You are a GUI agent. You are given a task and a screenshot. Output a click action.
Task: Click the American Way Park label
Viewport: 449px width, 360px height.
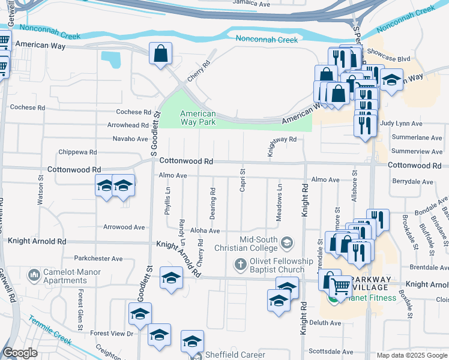(198, 118)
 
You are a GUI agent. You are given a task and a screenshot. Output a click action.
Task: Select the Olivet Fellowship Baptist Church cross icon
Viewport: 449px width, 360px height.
(240, 264)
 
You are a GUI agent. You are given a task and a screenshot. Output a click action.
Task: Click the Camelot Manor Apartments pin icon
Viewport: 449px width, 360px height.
(34, 276)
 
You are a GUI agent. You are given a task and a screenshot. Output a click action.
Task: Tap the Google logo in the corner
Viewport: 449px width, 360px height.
(20, 353)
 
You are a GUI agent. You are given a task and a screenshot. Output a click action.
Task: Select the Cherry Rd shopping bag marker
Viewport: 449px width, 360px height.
(161, 54)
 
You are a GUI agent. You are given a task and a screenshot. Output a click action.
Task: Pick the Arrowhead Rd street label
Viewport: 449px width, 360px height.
(128, 125)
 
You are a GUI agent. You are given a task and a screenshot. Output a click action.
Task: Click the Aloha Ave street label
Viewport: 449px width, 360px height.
(205, 230)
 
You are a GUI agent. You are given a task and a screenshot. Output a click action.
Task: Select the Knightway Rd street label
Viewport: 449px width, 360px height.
(282, 139)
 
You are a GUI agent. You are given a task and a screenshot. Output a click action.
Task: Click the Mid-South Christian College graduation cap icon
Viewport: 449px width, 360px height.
(287, 242)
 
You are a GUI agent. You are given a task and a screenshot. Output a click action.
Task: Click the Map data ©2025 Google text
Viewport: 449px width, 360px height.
(411, 355)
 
